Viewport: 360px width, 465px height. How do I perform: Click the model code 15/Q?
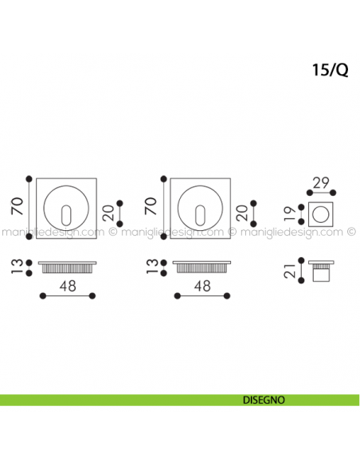(x=330, y=69)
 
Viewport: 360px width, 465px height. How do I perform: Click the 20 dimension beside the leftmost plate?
(x=109, y=213)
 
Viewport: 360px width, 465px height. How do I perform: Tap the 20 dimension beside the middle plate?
(x=243, y=213)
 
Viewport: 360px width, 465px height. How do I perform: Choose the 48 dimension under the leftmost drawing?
(x=68, y=284)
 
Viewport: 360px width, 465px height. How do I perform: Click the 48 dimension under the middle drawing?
(x=202, y=284)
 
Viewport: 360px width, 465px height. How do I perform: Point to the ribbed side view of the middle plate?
(x=202, y=266)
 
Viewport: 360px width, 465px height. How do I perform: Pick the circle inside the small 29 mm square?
(x=323, y=213)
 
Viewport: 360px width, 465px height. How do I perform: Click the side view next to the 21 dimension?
(x=322, y=272)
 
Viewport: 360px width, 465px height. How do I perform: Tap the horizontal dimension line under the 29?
(x=323, y=192)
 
